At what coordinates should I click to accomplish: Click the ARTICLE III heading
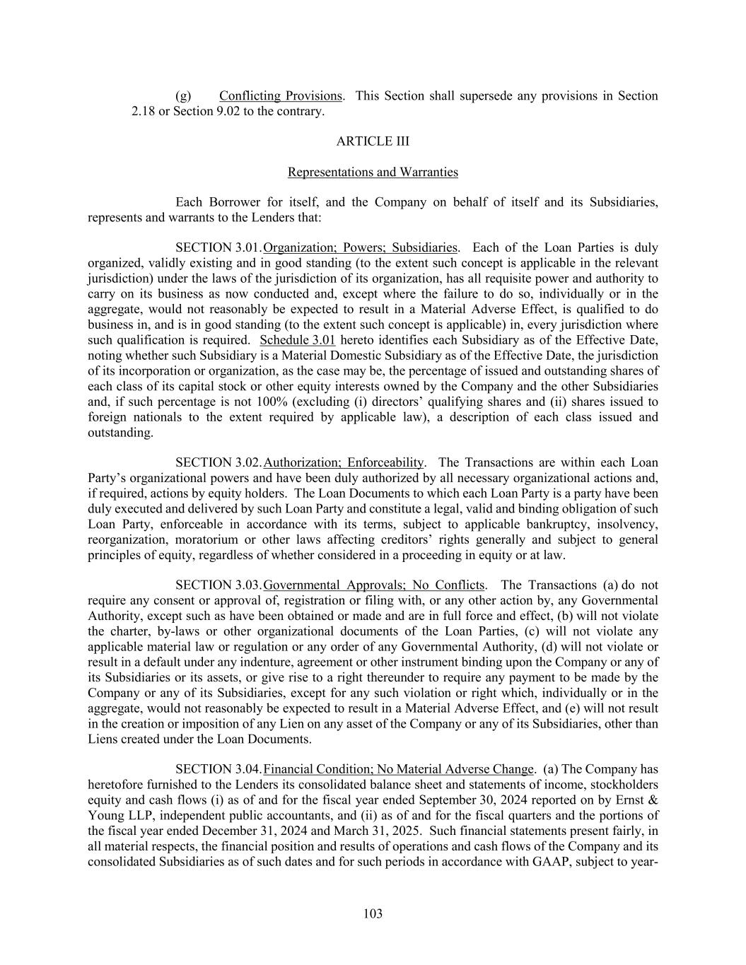pyautogui.click(x=373, y=141)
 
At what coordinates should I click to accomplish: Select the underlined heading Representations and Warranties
pyautogui.click(x=373, y=172)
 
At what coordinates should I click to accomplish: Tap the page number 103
pyautogui.click(x=373, y=914)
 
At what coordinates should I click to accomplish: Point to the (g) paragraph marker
pyautogui.click(x=182, y=96)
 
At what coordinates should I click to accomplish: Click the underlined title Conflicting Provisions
pyautogui.click(x=281, y=96)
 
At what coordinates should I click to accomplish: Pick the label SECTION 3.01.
pyautogui.click(x=218, y=248)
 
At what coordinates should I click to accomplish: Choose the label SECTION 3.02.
pyautogui.click(x=218, y=463)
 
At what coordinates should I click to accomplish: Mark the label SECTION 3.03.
pyautogui.click(x=218, y=585)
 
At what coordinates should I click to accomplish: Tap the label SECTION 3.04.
pyautogui.click(x=218, y=769)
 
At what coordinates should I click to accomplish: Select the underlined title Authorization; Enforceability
pyautogui.click(x=343, y=463)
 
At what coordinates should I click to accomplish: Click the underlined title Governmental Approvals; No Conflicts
pyautogui.click(x=373, y=585)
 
